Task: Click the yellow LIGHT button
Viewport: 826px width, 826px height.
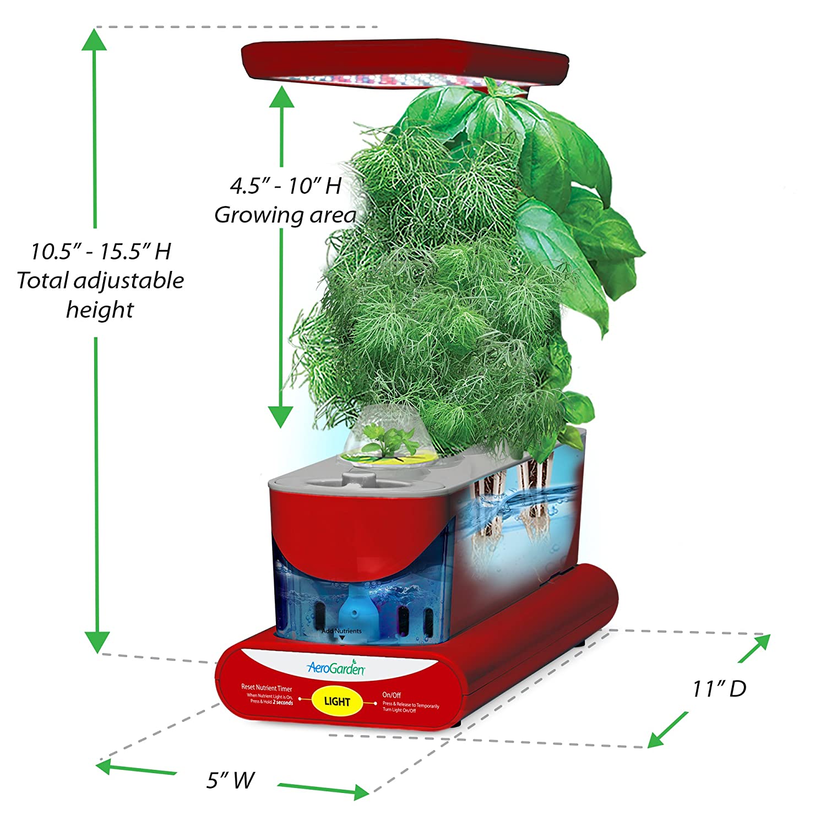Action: (336, 701)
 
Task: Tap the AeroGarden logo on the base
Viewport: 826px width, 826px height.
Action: (335, 668)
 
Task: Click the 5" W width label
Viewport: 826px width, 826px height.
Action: (230, 780)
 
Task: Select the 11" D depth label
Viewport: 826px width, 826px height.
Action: (719, 688)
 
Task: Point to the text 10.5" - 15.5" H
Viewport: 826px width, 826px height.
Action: (101, 252)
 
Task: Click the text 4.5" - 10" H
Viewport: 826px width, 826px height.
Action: (286, 186)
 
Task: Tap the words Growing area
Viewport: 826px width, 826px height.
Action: (285, 215)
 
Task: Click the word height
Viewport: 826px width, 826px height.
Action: (100, 309)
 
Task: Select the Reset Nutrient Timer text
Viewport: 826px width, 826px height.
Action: (267, 688)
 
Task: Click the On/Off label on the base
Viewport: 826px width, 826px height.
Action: (392, 695)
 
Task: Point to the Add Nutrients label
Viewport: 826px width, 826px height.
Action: (341, 631)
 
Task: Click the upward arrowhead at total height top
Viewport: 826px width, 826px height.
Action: (94, 40)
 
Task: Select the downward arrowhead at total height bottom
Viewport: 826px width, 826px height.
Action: (97, 642)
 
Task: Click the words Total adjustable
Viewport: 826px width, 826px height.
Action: (100, 281)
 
